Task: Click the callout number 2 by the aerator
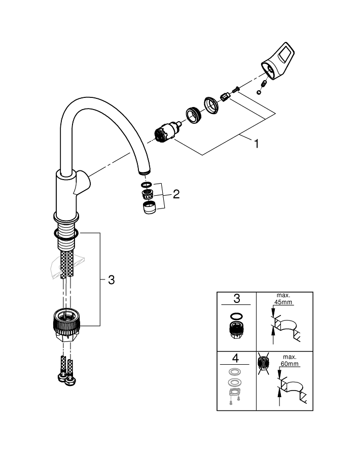point(176,194)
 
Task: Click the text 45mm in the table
point(284,302)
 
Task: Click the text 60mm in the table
point(290,364)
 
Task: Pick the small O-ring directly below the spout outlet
point(145,184)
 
